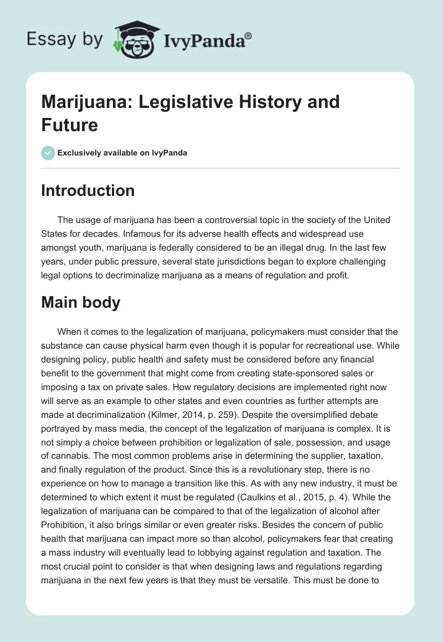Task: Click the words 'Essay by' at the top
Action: coord(65,40)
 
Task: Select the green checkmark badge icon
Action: coord(48,153)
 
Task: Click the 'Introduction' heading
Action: coord(87,190)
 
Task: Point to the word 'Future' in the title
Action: coord(69,125)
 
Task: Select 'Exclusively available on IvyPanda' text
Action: coord(122,153)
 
